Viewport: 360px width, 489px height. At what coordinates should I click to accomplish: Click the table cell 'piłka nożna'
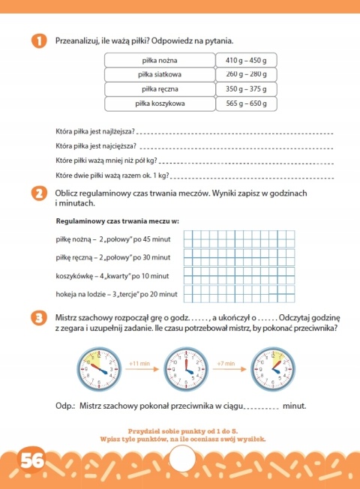(x=159, y=59)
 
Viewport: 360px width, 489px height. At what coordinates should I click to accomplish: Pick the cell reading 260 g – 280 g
(x=246, y=73)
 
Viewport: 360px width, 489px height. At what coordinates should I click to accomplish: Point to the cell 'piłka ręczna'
(x=159, y=88)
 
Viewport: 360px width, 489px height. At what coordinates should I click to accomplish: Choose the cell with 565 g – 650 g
(x=246, y=103)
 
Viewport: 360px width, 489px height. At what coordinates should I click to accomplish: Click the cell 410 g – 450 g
(x=246, y=59)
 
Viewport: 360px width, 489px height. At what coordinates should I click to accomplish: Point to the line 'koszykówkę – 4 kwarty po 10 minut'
(x=114, y=276)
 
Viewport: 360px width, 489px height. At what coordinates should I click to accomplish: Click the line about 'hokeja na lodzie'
(x=116, y=294)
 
